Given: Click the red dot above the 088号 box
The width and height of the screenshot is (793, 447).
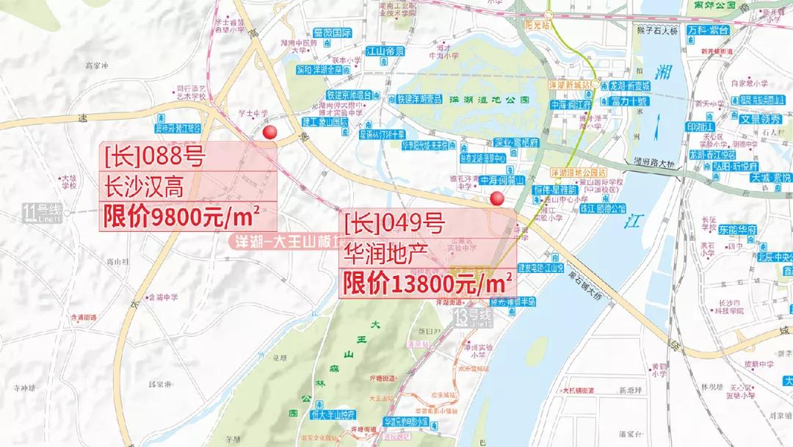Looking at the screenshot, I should [270, 132].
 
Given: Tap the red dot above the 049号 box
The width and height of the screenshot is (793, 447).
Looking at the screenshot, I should [497, 197].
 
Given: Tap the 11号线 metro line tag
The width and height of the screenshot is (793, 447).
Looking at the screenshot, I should [43, 214].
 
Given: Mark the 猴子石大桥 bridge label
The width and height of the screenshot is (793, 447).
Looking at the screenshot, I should [658, 31].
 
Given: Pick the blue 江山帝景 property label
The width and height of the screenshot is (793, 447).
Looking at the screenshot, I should [385, 52].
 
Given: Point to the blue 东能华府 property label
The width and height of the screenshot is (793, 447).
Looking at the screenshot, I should [737, 230].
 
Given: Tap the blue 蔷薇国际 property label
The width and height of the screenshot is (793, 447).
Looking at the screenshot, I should [332, 33].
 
